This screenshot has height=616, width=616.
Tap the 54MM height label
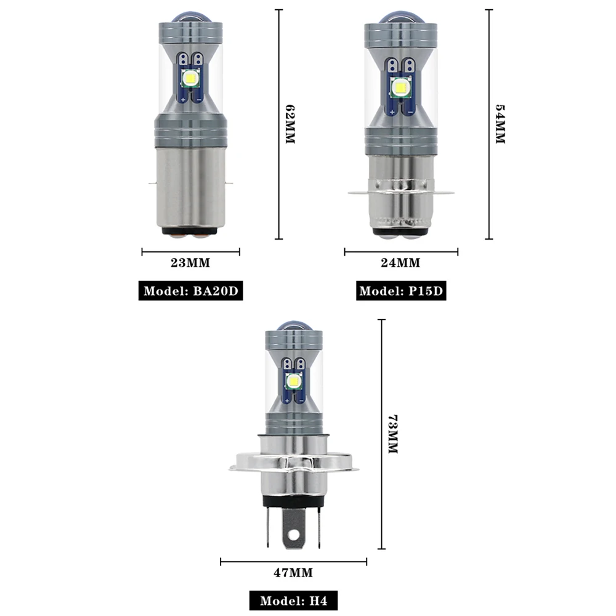500,124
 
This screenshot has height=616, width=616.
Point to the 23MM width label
190,264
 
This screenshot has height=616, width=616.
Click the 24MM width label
400,264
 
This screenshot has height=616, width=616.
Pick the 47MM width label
293,573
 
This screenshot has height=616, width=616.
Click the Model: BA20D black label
190,291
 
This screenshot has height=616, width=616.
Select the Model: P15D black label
401,291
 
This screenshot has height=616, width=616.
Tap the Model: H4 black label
293,601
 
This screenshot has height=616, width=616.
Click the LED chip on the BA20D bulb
190,78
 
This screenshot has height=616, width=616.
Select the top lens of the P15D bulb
400,17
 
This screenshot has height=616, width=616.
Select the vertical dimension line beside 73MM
381,434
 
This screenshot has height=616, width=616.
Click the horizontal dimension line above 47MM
293,561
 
